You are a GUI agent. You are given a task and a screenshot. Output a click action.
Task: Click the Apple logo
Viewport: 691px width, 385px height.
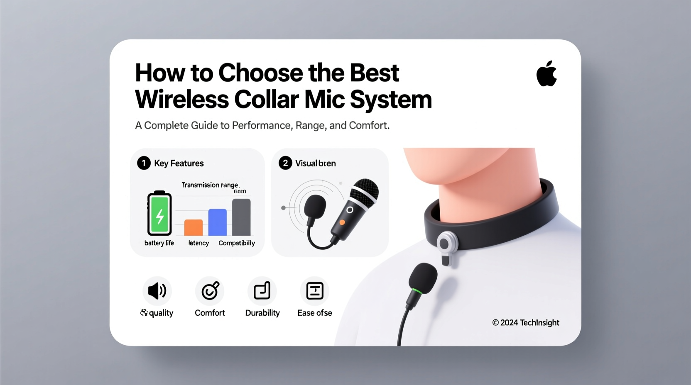coord(546,74)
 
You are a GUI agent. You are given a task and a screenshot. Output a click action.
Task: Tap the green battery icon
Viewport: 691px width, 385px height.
coord(159,214)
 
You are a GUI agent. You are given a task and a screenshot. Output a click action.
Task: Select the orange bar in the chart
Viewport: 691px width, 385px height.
coord(194,227)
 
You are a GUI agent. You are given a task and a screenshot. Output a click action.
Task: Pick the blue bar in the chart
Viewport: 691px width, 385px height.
coord(217,222)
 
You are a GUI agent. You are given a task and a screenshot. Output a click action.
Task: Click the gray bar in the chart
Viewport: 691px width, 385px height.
coord(241,217)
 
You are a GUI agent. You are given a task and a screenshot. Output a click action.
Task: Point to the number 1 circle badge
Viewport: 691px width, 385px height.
coord(144,163)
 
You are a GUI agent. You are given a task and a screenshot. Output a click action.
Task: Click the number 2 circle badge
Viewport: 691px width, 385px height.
coord(285,163)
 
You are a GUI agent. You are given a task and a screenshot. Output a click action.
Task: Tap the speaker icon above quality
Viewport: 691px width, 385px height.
coord(157,291)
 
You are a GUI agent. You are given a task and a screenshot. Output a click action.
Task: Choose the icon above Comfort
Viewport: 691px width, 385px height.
coord(210,291)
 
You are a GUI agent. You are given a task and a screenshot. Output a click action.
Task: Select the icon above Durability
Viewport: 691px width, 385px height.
coord(262,291)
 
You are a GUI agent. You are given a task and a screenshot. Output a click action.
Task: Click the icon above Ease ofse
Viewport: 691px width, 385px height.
coord(315,291)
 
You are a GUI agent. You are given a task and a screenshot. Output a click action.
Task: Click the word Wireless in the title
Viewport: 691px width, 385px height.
coord(182,100)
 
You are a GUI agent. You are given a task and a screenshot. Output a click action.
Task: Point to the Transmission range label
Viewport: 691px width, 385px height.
coord(210,185)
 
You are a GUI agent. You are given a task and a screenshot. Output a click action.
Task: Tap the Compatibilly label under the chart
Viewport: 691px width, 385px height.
coord(237,243)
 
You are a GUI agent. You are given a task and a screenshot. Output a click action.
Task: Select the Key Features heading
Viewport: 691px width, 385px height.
coord(179,163)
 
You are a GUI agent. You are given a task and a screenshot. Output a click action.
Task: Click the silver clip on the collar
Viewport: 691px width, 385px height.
coord(447,245)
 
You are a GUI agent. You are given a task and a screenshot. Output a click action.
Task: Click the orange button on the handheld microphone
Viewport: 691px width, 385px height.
coord(342,223)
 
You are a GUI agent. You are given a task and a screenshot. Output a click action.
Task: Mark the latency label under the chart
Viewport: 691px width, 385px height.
coord(198,243)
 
